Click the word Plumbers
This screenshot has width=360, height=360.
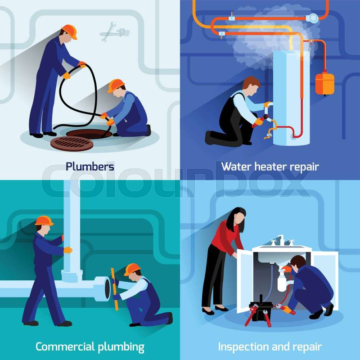[x=90, y=166]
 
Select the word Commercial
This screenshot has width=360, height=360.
[x=65, y=346]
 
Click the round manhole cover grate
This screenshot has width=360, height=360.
[x=72, y=144]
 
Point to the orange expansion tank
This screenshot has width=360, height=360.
[x=324, y=83]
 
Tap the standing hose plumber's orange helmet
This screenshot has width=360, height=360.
[x=70, y=31]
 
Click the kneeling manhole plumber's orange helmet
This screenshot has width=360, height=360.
[x=116, y=85]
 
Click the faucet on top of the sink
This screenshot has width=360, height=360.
[x=281, y=240]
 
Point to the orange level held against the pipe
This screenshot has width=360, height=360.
[x=115, y=289]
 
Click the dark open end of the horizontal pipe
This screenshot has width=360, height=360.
[x=107, y=289]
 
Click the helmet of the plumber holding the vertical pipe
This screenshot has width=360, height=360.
[x=44, y=220]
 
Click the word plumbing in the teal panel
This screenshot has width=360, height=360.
[x=121, y=347]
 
